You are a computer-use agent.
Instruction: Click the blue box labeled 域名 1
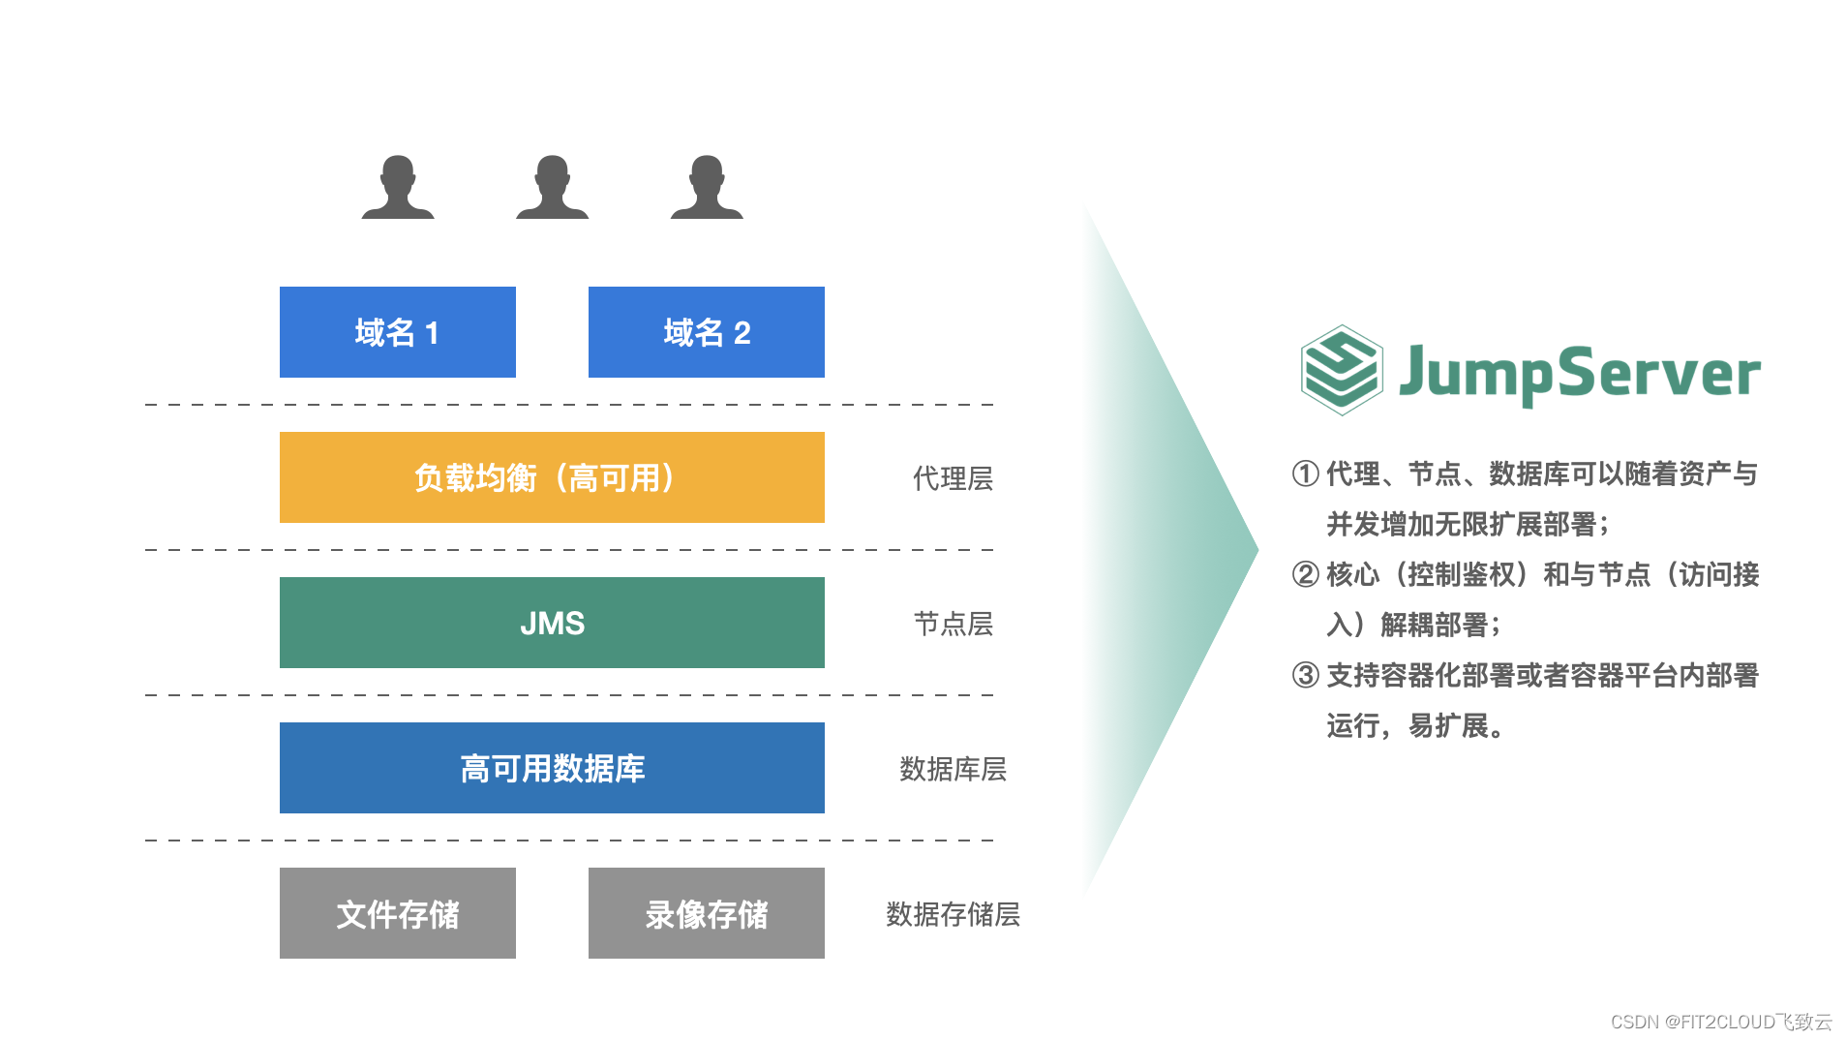pyautogui.click(x=397, y=332)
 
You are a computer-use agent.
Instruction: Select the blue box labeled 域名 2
pyautogui.click(x=706, y=332)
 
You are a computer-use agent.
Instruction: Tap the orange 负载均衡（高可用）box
pyautogui.click(x=552, y=477)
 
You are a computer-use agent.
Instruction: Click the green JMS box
pyautogui.click(x=552, y=623)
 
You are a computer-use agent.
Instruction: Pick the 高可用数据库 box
pyautogui.click(x=552, y=768)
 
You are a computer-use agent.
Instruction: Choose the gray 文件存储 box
pyautogui.click(x=397, y=913)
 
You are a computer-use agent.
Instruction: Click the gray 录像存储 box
pyautogui.click(x=706, y=913)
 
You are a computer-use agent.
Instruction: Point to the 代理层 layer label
pyautogui.click(x=953, y=478)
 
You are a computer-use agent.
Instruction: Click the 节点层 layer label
pyautogui.click(x=953, y=624)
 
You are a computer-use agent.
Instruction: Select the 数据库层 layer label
pyautogui.click(x=953, y=769)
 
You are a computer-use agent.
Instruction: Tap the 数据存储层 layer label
pyautogui.click(x=953, y=914)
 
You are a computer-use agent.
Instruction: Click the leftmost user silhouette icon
pyautogui.click(x=398, y=188)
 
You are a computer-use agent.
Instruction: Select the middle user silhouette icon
pyautogui.click(x=552, y=188)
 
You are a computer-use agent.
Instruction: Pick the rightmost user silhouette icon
pyautogui.click(x=707, y=188)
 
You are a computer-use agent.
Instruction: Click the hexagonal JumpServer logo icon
pyautogui.click(x=1341, y=370)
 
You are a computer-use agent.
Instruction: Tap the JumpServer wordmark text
pyautogui.click(x=1579, y=374)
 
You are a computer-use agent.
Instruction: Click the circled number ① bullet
pyautogui.click(x=1305, y=474)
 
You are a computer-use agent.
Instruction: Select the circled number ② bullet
pyautogui.click(x=1305, y=574)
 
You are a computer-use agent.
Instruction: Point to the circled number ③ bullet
pyautogui.click(x=1305, y=675)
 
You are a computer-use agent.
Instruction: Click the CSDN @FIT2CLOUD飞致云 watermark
pyautogui.click(x=1720, y=1022)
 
